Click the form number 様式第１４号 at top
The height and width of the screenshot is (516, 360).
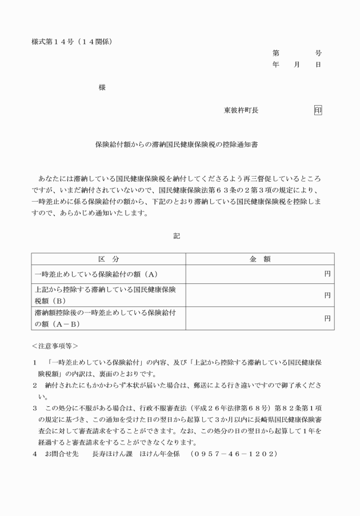[x=54, y=41]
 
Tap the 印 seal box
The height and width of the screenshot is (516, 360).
[x=318, y=110]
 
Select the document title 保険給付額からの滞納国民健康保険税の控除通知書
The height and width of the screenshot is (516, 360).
[x=176, y=145]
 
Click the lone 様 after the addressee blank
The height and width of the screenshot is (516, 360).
[x=102, y=87]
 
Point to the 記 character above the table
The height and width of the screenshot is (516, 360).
[x=177, y=235]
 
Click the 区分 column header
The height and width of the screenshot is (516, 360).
[x=108, y=259]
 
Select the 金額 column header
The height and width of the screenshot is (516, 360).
[x=260, y=259]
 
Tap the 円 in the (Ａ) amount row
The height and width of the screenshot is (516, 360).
[x=327, y=274]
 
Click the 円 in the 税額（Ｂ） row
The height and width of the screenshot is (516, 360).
[x=327, y=295]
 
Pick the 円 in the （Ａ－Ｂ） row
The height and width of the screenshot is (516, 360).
[x=327, y=318]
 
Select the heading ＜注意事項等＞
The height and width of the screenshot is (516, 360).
[x=55, y=346]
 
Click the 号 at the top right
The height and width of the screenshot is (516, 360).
[x=318, y=53]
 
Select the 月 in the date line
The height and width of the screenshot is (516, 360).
[x=297, y=65]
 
